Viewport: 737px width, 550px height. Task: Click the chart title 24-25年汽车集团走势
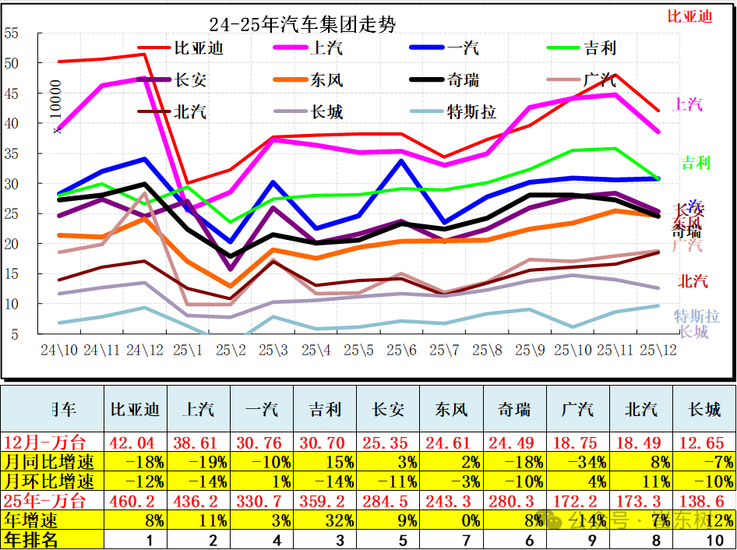pyautogui.click(x=302, y=25)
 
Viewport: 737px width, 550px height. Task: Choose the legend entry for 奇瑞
pyautogui.click(x=464, y=80)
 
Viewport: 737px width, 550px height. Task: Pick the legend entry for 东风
pyautogui.click(x=326, y=80)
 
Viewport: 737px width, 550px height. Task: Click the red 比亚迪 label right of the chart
pyautogui.click(x=689, y=16)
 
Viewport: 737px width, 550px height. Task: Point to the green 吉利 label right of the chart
pyautogui.click(x=696, y=163)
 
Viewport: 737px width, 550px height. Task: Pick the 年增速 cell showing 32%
pyautogui.click(x=325, y=520)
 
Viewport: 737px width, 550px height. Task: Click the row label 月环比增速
pyautogui.click(x=51, y=480)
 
